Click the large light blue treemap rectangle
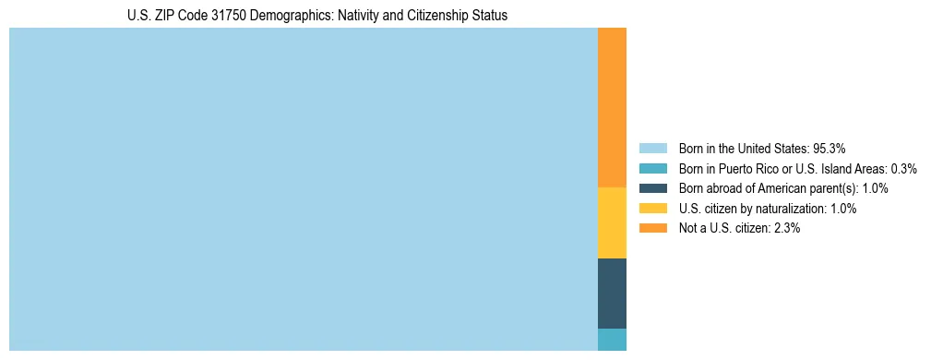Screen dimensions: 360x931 [x=303, y=189]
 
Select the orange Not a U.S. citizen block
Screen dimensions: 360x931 [x=612, y=108]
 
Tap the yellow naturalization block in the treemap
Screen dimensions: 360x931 [x=612, y=222]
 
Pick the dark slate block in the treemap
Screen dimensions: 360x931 [x=612, y=294]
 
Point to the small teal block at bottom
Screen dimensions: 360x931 [x=612, y=340]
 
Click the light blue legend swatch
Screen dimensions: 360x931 [x=652, y=148]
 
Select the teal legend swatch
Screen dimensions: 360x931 [x=652, y=168]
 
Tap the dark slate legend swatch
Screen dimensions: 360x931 [x=652, y=188]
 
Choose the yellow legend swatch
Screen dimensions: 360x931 [x=652, y=209]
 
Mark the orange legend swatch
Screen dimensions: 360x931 [x=652, y=229]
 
